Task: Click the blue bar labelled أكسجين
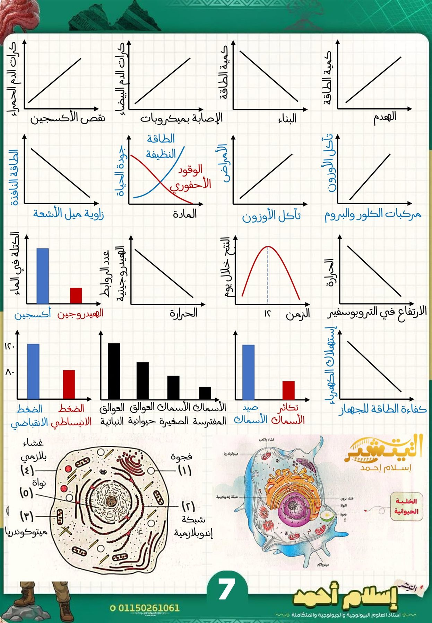pyautogui.click(x=43, y=276)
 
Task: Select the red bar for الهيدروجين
pyautogui.click(x=76, y=295)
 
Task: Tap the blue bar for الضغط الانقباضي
pyautogui.click(x=33, y=371)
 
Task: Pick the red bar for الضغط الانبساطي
pyautogui.click(x=69, y=384)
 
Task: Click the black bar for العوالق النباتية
pyautogui.click(x=114, y=371)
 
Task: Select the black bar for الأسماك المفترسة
pyautogui.click(x=205, y=393)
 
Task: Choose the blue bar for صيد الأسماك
pyautogui.click(x=248, y=372)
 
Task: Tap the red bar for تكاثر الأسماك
pyautogui.click(x=288, y=390)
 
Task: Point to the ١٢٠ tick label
pyautogui.click(x=9, y=346)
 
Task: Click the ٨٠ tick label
pyautogui.click(x=9, y=372)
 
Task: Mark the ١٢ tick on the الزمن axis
pyautogui.click(x=267, y=314)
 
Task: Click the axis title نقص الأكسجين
pyautogui.click(x=68, y=118)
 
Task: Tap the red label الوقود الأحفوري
pyautogui.click(x=191, y=177)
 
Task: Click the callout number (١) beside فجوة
pyautogui.click(x=184, y=470)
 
